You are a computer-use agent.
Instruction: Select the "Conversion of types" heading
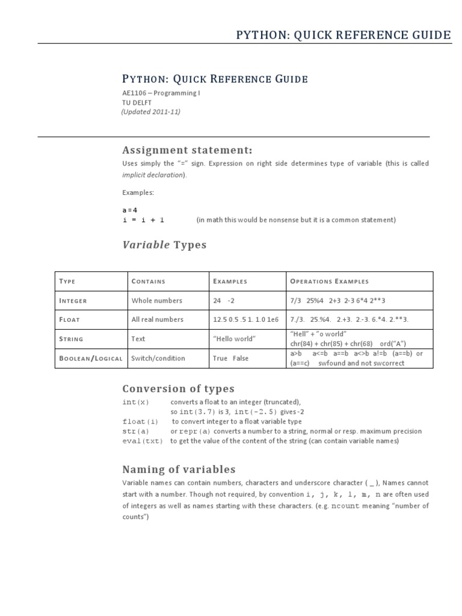tap(178, 389)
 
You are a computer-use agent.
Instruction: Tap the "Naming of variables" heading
tap(179, 469)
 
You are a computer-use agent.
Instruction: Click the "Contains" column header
tap(148, 281)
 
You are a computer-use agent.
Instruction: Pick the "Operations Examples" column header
tap(329, 281)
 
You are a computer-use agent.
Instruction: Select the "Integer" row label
tap(73, 300)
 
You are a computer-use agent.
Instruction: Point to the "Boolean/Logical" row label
tap(91, 358)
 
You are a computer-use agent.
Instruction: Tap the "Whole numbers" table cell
tap(156, 300)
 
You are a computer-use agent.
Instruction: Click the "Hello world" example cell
tap(234, 339)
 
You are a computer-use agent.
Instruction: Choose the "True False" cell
tap(230, 358)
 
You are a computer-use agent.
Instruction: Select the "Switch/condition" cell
tap(158, 358)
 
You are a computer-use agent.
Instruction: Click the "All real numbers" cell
tap(158, 319)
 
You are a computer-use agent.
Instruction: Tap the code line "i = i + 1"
tap(143, 220)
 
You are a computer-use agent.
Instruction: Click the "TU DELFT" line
tap(137, 103)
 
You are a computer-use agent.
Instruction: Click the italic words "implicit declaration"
tap(154, 175)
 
